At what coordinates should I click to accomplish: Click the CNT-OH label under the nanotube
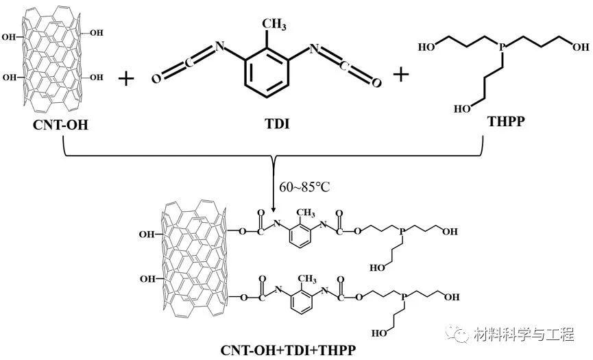[61, 125]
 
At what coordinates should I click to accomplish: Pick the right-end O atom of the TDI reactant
[376, 82]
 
